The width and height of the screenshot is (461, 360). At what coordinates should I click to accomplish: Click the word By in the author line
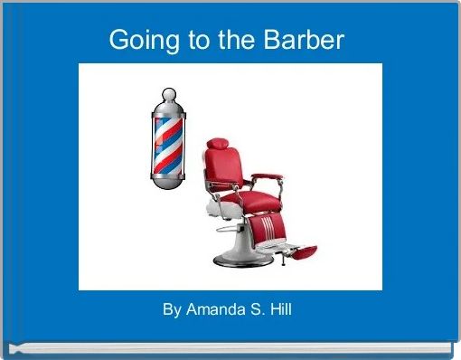(172, 310)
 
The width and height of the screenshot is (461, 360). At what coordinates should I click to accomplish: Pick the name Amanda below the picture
(215, 310)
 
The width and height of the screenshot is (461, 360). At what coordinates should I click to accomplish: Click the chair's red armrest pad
(268, 177)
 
